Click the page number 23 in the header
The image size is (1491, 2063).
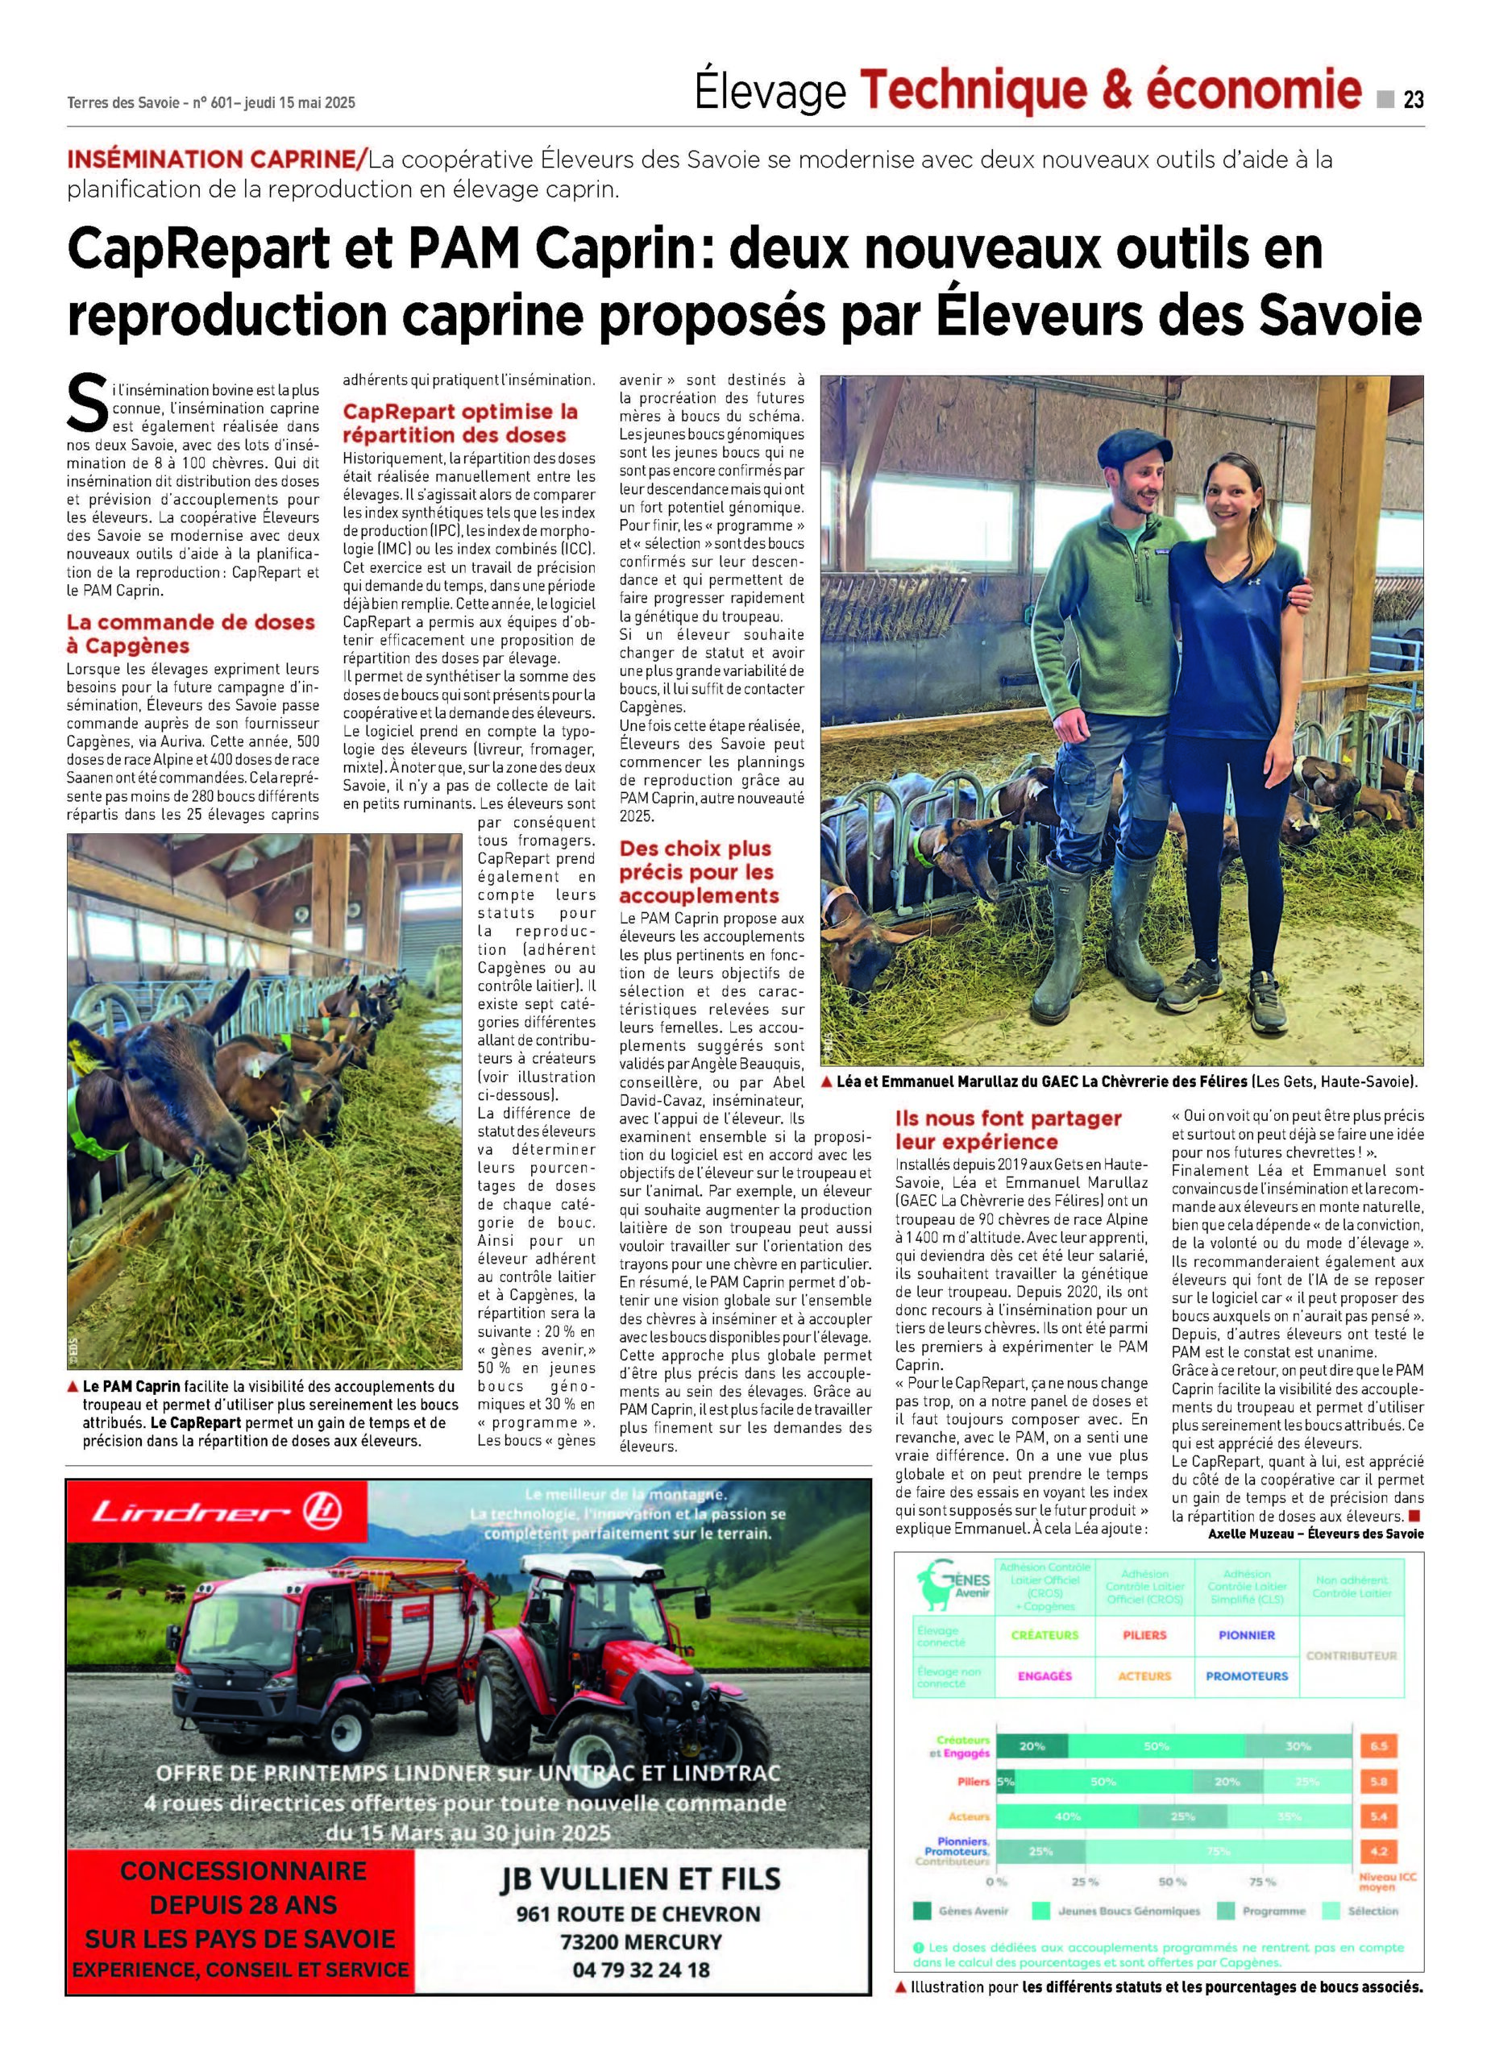1413,99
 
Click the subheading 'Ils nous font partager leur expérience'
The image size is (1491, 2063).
1008,1130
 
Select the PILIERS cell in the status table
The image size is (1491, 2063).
1144,1634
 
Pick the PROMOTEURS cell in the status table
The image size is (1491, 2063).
1246,1675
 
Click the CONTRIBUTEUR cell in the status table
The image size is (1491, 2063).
1351,1655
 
